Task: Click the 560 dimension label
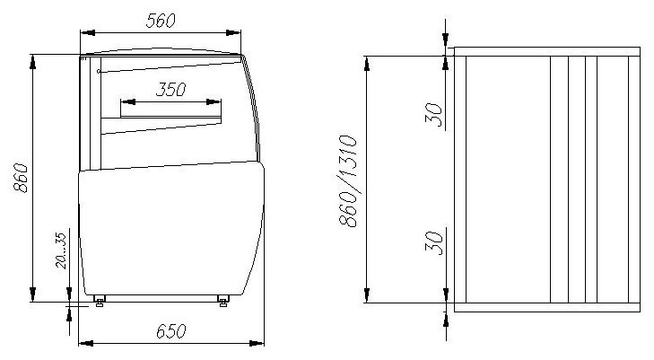click(x=161, y=21)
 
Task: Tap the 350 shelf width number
click(x=171, y=89)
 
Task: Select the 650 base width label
click(x=171, y=331)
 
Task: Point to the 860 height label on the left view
click(x=21, y=178)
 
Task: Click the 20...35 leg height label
click(x=61, y=250)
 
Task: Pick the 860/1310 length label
click(x=348, y=181)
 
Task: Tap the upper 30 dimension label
click(x=434, y=115)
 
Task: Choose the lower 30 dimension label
click(x=434, y=242)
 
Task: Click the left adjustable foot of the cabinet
click(x=100, y=301)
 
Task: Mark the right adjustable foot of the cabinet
click(x=223, y=301)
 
